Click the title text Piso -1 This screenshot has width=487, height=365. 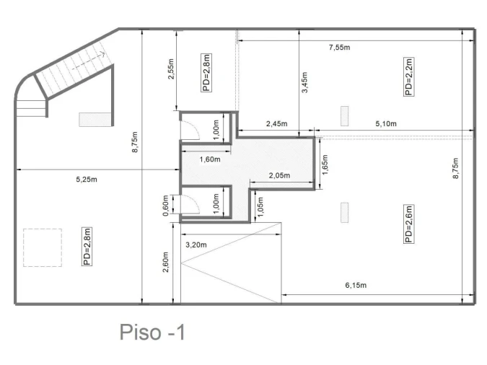click(x=152, y=332)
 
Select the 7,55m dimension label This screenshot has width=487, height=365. click(x=340, y=48)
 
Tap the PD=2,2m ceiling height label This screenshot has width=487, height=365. click(x=409, y=76)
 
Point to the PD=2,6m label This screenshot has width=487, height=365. click(x=409, y=224)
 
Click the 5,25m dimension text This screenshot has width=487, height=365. click(x=87, y=180)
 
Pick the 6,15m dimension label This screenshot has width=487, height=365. click(x=356, y=285)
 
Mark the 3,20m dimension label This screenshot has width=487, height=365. click(x=196, y=245)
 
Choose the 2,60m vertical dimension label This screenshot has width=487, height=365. click(x=165, y=262)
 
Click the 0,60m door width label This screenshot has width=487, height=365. click(x=165, y=206)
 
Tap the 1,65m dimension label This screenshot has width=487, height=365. click(x=325, y=164)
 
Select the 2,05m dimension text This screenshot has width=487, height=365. click(x=279, y=175)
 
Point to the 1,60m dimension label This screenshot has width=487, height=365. click(x=210, y=159)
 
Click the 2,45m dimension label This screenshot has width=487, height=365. click(x=277, y=123)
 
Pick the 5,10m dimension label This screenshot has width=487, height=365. click(x=386, y=123)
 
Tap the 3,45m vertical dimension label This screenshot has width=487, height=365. click(x=304, y=82)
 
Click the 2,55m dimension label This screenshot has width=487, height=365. click(x=171, y=69)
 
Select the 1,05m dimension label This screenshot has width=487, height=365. click(x=260, y=207)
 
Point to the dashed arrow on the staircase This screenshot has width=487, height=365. click(x=89, y=61)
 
